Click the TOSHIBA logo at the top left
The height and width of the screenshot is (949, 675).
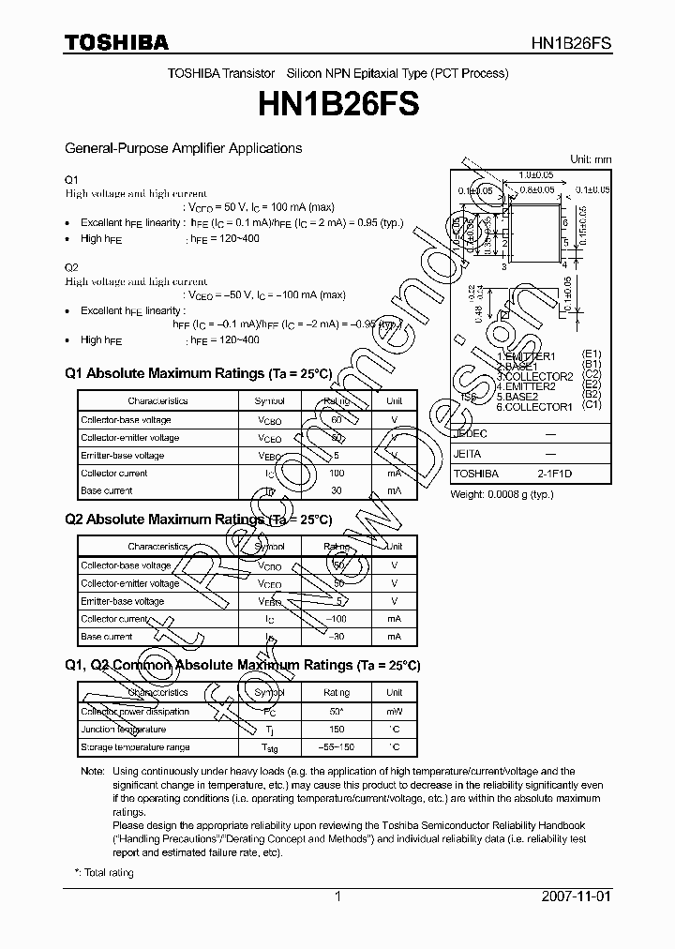[x=116, y=42]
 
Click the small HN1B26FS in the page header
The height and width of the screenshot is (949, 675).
[x=571, y=43]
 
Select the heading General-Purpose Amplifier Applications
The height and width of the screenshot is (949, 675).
[x=183, y=148]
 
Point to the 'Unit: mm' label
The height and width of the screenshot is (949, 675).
[x=590, y=159]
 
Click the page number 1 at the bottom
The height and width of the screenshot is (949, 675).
[x=337, y=896]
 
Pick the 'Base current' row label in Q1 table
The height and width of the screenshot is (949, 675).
[x=107, y=490]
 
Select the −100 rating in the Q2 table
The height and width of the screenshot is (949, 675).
[x=337, y=619]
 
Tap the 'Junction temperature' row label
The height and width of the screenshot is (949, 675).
[x=124, y=729]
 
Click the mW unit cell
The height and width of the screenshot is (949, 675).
[x=395, y=711]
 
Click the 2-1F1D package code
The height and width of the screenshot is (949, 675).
[x=554, y=474]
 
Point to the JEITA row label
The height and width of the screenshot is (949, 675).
[x=467, y=452]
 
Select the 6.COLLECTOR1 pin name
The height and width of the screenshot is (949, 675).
[x=535, y=407]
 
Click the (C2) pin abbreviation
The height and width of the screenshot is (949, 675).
[x=591, y=375]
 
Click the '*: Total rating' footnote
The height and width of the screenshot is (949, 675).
[x=104, y=873]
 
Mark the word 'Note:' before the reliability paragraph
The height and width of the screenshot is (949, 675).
[x=93, y=771]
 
